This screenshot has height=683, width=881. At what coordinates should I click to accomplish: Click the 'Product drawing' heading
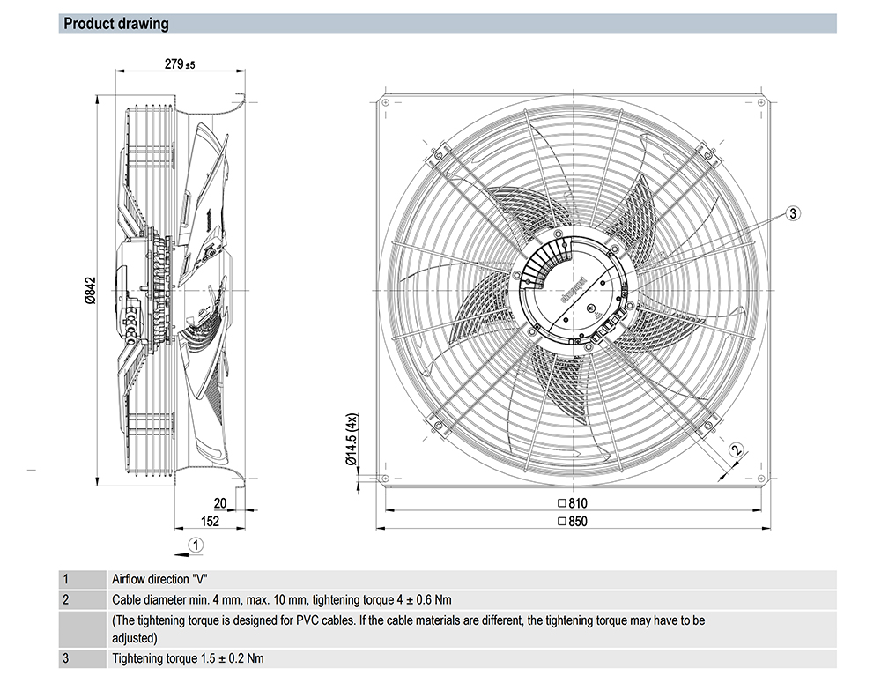pyautogui.click(x=115, y=24)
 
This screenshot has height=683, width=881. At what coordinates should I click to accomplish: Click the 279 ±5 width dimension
pyautogui.click(x=179, y=64)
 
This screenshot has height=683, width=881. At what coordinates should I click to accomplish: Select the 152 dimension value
pyautogui.click(x=210, y=522)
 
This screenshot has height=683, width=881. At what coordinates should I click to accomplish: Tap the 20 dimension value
pyautogui.click(x=220, y=503)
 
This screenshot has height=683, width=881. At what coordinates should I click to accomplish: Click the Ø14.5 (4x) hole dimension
pyautogui.click(x=350, y=438)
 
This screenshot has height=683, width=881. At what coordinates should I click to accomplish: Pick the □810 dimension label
pyautogui.click(x=572, y=503)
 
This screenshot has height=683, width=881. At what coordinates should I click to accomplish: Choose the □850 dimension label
pyautogui.click(x=572, y=522)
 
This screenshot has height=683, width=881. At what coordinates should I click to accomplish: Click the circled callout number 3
pyautogui.click(x=792, y=212)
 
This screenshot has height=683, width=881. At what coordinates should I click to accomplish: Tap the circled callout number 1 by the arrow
pyautogui.click(x=196, y=545)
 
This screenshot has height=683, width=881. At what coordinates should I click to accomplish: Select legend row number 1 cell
pyautogui.click(x=65, y=580)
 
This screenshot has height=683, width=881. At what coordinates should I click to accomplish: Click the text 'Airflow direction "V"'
pyautogui.click(x=159, y=580)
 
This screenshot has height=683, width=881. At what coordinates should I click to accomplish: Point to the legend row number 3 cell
pyautogui.click(x=65, y=658)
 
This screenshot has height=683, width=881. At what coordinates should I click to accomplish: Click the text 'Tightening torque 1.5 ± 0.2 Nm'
pyautogui.click(x=188, y=658)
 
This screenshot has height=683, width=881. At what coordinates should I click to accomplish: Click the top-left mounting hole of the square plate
pyautogui.click(x=385, y=100)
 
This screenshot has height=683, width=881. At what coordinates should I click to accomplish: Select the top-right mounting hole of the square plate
pyautogui.click(x=759, y=100)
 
